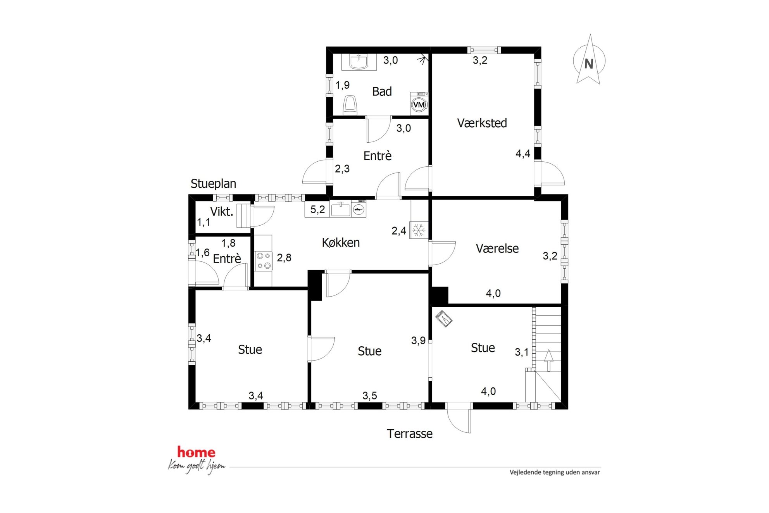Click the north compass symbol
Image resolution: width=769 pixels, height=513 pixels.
tap(589, 60)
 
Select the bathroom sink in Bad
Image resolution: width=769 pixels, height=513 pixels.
tap(359, 62)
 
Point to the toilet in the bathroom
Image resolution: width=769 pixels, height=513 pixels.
tap(350, 105)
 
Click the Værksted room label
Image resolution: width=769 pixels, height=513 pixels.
tap(482, 123)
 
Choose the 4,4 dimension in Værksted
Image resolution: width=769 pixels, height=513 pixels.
tap(522, 154)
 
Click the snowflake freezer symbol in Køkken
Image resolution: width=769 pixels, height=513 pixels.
tap(419, 230)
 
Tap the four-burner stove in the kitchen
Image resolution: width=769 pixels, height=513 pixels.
tap(264, 261)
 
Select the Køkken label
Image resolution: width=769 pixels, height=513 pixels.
tap(341, 243)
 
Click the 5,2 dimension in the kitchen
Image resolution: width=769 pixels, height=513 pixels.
tap(317, 210)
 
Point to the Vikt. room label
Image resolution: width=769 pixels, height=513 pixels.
tap(222, 212)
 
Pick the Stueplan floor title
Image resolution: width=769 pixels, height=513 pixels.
tap(213, 184)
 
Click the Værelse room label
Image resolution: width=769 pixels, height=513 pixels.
tap(497, 249)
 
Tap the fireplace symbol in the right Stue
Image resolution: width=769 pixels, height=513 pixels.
tap(444, 318)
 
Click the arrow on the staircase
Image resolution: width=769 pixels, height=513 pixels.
tap(548, 360)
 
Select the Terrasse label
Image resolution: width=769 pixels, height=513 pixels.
tap(409, 434)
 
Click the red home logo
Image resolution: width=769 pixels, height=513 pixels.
tap(196, 452)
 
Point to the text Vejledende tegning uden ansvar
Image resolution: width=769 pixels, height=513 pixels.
tap(555, 472)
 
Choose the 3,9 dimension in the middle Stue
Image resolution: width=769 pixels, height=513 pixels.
tap(418, 340)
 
